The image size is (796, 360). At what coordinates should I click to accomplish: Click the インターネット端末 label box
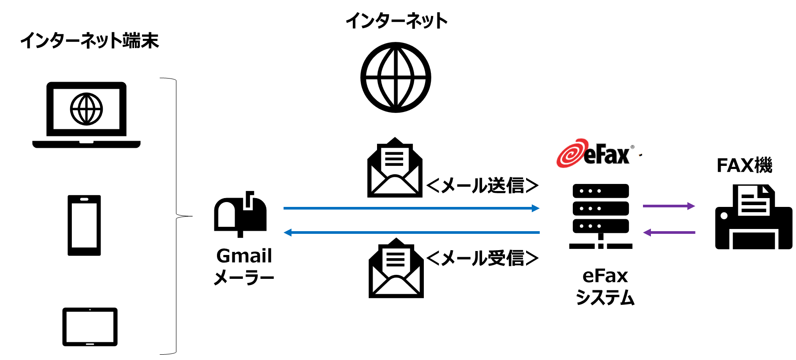(x=90, y=40)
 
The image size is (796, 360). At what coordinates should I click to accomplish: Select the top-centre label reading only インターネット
(x=396, y=21)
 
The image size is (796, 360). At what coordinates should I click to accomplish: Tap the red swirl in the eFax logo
(x=570, y=154)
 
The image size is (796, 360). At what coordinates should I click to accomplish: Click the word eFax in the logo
(x=606, y=154)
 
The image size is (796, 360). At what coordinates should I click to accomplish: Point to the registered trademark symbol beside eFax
(x=632, y=147)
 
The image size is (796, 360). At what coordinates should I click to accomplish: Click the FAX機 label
(x=744, y=165)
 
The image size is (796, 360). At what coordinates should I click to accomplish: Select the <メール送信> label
(x=482, y=185)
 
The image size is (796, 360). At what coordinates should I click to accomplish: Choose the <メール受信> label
(x=482, y=258)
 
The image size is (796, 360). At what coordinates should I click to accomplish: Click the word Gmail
(x=244, y=256)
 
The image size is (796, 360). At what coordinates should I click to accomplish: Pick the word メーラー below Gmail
(x=244, y=277)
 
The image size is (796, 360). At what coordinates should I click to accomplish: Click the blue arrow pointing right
(x=410, y=208)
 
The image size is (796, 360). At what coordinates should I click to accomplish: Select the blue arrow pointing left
(x=410, y=232)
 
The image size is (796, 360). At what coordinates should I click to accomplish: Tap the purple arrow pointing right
(x=669, y=206)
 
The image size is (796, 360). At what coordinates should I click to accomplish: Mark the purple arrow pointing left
(x=669, y=232)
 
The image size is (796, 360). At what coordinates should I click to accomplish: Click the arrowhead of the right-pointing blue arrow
(x=535, y=208)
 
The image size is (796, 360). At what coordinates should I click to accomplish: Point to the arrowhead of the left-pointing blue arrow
(x=288, y=232)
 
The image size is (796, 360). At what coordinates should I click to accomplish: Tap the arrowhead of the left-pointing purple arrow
(x=647, y=232)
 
